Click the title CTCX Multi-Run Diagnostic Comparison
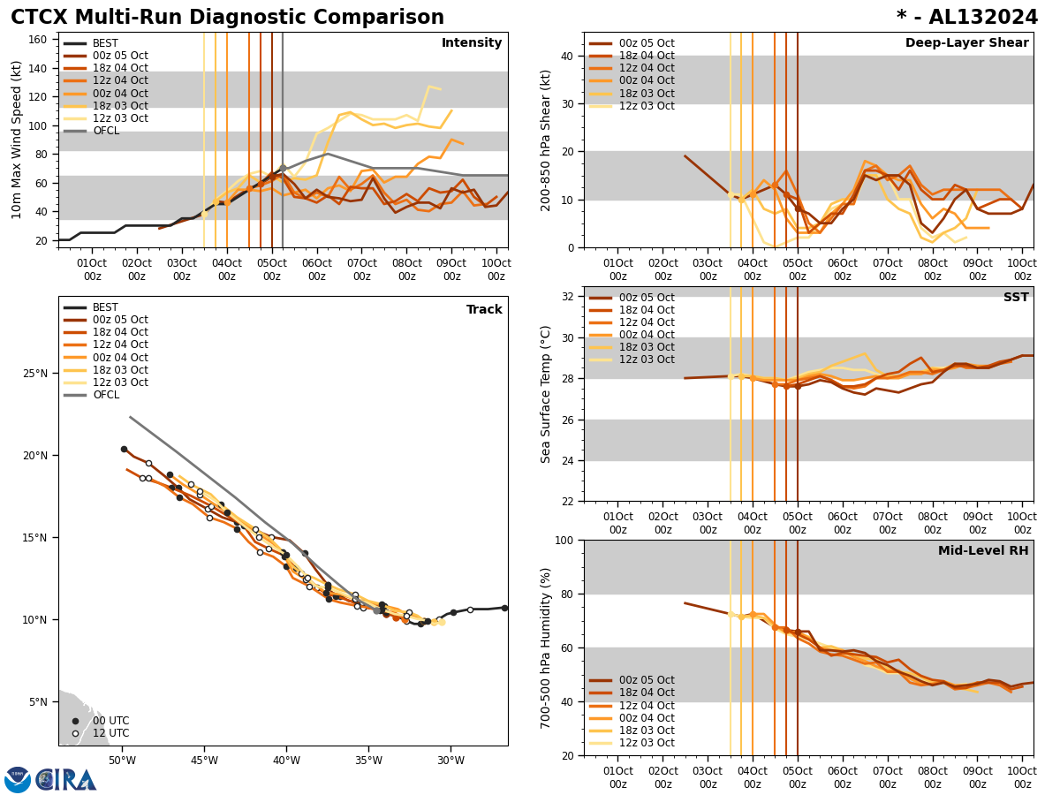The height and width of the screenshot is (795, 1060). pos(227,18)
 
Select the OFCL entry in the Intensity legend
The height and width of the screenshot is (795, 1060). pos(105,131)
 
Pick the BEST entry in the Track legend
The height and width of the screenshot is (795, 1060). pos(105,307)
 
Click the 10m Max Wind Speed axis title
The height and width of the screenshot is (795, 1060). pos(17,140)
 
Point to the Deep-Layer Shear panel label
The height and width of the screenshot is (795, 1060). pos(966,43)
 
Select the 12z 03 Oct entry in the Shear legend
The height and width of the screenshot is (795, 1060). pos(646,106)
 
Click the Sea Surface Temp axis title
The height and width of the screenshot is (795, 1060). pos(546,394)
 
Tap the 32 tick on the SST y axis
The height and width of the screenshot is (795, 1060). pos(568,296)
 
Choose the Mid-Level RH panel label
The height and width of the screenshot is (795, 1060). pos(983,551)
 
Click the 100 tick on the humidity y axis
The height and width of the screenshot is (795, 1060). pos(564,540)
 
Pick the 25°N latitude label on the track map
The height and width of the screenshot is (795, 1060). pos(36,374)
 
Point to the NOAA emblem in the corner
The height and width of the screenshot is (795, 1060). pos(17,780)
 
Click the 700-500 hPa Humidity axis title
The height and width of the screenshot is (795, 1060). pos(546,647)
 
